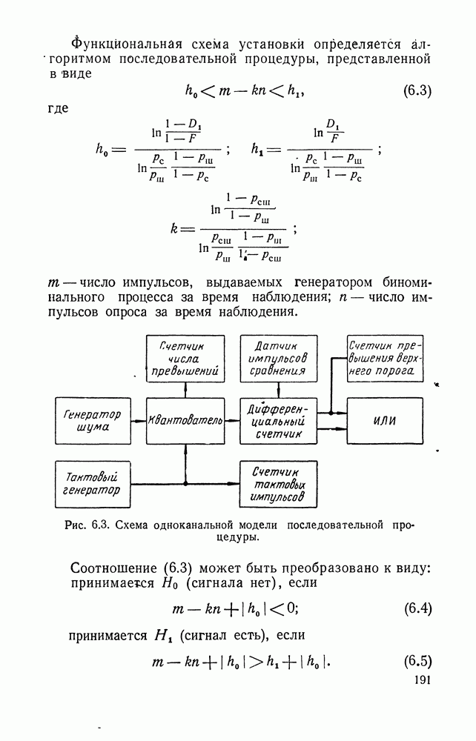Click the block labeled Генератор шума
93,421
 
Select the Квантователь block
185,421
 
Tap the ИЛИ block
384,421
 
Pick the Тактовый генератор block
93,482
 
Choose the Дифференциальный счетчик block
280,421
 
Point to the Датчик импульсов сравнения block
280,358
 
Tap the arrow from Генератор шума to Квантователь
139,421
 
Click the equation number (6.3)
417,92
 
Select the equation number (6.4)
417,609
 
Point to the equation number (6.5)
417,660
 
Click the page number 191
418,680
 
